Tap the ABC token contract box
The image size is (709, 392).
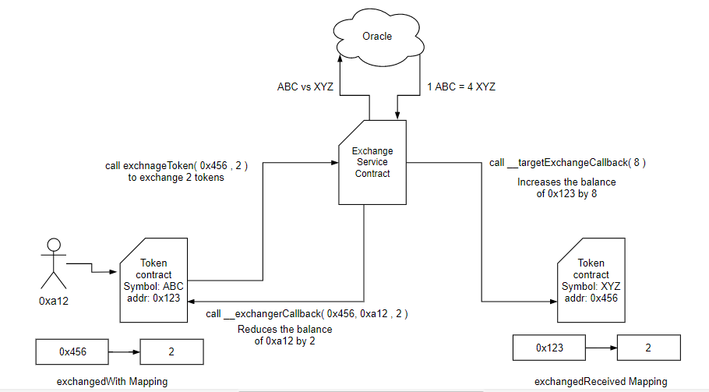153,280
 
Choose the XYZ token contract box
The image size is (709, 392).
591,280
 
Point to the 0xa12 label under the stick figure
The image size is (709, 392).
52,300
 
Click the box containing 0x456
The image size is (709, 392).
71,352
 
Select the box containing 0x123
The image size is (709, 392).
549,348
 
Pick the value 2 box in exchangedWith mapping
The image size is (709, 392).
171,352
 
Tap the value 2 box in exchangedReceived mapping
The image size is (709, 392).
648,348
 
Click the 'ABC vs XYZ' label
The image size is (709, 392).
305,87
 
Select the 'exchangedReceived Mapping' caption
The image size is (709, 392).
601,381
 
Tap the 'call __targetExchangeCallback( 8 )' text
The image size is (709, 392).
567,163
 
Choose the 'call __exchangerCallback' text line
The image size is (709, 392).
307,313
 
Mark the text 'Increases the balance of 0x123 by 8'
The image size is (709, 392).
556,188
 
